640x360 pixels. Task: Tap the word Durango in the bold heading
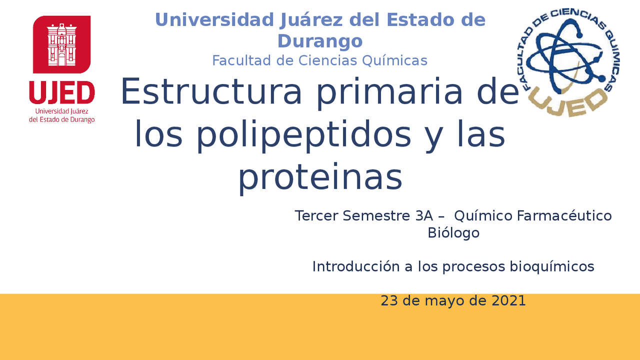click(320, 41)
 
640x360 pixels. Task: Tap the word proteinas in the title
click(320, 178)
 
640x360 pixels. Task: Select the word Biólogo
click(453, 233)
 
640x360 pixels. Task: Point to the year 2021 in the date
click(508, 301)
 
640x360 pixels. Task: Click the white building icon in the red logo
click(62, 45)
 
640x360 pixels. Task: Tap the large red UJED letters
click(62, 93)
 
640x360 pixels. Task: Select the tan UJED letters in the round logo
click(567, 101)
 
